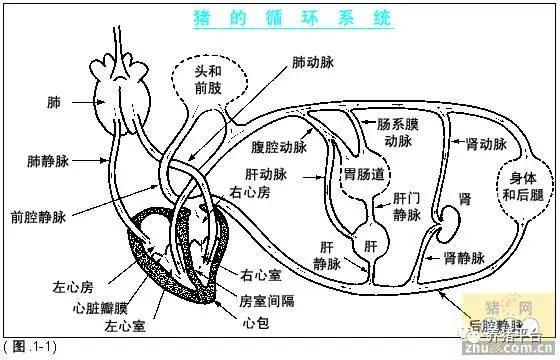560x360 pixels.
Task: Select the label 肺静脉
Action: (47, 159)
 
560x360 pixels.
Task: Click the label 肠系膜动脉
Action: (398, 133)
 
